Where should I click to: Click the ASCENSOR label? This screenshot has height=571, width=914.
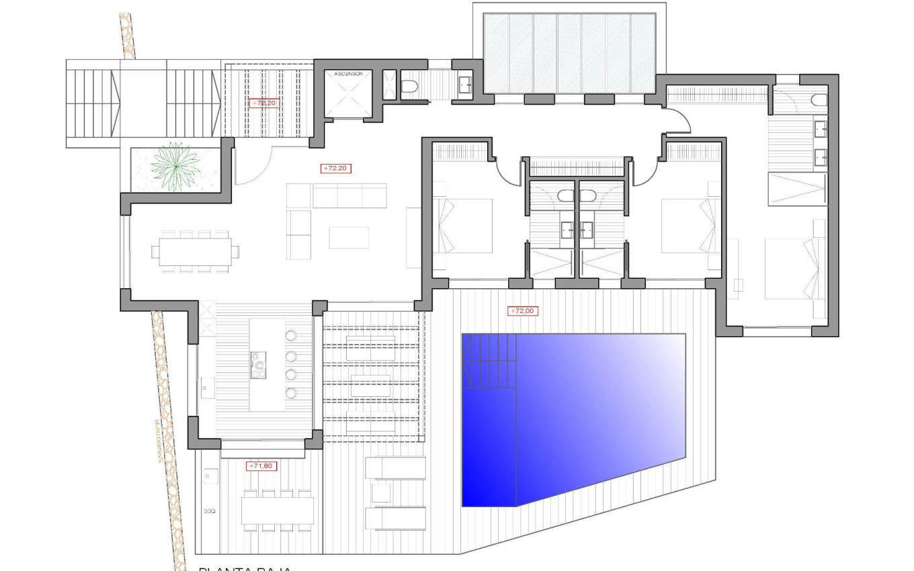(x=347, y=76)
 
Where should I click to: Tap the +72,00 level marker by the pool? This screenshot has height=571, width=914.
(x=524, y=311)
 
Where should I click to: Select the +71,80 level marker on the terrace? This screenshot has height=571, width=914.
(x=262, y=466)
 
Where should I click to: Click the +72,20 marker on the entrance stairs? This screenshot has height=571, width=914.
(x=263, y=103)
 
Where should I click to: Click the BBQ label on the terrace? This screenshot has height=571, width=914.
(x=209, y=512)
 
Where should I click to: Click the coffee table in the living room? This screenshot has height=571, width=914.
(x=349, y=238)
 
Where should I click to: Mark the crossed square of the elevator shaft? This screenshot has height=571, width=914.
(x=347, y=99)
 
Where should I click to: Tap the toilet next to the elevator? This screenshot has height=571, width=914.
(x=410, y=86)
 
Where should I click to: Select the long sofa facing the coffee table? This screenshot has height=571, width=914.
(x=349, y=195)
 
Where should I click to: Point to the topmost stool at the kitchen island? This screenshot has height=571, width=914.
(x=291, y=336)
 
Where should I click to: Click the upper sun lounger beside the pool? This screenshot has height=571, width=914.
(x=395, y=467)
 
